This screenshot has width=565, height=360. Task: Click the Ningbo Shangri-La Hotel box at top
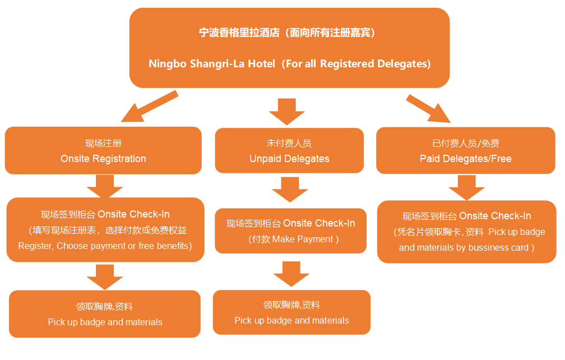(289, 48)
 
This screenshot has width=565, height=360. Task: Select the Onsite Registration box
(103, 150)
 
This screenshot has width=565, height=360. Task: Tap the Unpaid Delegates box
(289, 150)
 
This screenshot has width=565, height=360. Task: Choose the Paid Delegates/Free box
(465, 150)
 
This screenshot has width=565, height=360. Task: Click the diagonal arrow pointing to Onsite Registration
(147, 108)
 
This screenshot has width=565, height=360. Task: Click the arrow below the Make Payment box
(291, 273)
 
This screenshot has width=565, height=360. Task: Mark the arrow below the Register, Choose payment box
(105, 276)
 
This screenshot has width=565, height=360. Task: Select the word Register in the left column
(35, 246)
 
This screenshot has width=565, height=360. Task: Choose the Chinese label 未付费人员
(289, 143)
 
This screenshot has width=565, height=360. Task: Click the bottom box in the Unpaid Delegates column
(291, 312)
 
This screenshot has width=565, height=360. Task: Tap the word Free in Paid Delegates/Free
(501, 159)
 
